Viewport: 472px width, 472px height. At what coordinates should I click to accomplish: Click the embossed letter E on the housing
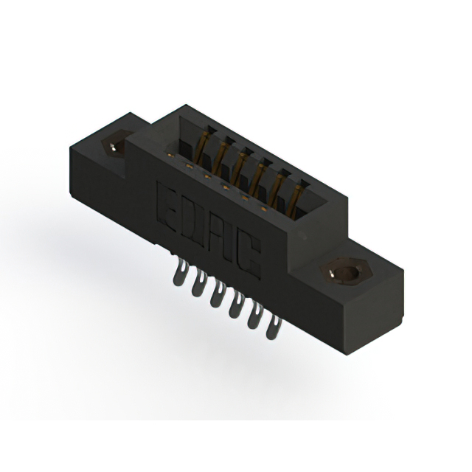(167, 207)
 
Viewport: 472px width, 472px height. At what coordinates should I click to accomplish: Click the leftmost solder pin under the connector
(180, 273)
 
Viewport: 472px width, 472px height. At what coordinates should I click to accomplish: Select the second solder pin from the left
(198, 283)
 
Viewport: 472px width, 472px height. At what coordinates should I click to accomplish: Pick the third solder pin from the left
(218, 294)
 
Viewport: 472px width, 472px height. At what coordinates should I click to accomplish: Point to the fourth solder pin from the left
(236, 305)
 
